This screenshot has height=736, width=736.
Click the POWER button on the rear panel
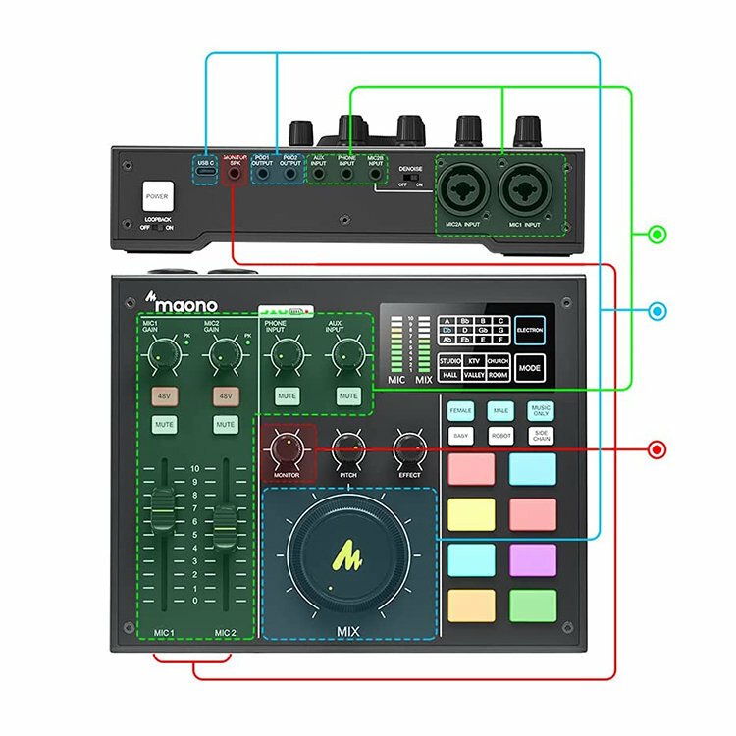(x=157, y=195)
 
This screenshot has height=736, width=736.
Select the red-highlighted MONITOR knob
(x=288, y=449)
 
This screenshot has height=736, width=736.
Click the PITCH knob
(x=348, y=449)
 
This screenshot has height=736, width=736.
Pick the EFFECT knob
(x=409, y=449)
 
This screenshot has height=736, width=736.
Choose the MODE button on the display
(x=529, y=368)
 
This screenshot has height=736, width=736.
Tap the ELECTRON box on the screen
(x=529, y=331)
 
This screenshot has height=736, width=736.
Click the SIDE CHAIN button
(x=541, y=435)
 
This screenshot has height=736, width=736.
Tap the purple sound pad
(x=533, y=559)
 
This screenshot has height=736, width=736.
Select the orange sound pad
(x=471, y=605)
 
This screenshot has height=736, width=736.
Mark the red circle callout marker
(x=657, y=450)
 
